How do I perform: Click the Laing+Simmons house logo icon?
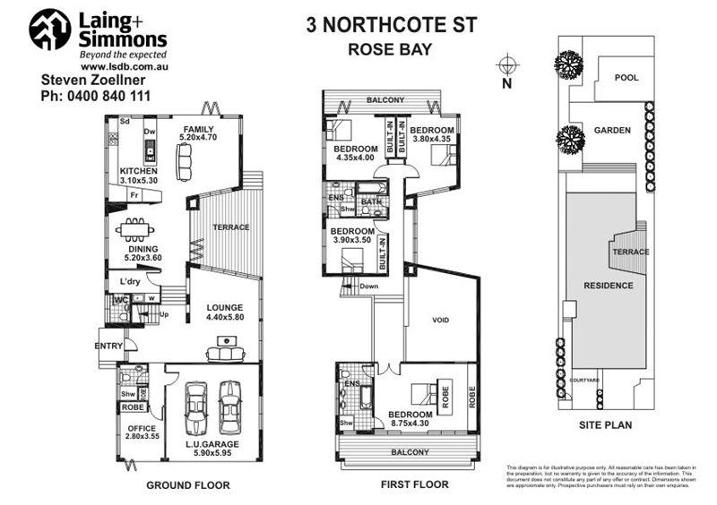click(x=49, y=30)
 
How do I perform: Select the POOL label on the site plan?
click(x=626, y=78)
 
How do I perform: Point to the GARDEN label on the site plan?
click(x=612, y=131)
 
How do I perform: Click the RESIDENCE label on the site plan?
click(x=609, y=286)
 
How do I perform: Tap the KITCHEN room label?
click(x=139, y=171)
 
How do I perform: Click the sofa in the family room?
click(x=185, y=162)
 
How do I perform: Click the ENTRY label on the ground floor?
click(x=110, y=344)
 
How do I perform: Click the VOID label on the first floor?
click(x=440, y=320)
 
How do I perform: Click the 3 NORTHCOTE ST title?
click(x=387, y=25)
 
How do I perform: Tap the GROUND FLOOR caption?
click(x=188, y=485)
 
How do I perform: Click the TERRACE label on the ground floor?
click(x=231, y=227)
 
